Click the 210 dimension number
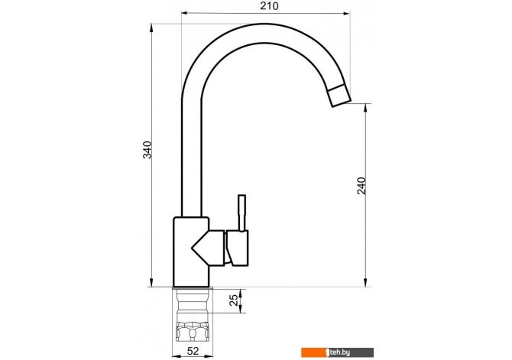270,6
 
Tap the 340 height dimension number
147,150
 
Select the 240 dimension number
361,186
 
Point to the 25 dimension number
234,300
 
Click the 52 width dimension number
193,351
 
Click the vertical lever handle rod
242,213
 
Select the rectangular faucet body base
191,252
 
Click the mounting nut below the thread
193,332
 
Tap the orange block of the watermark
314,352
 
